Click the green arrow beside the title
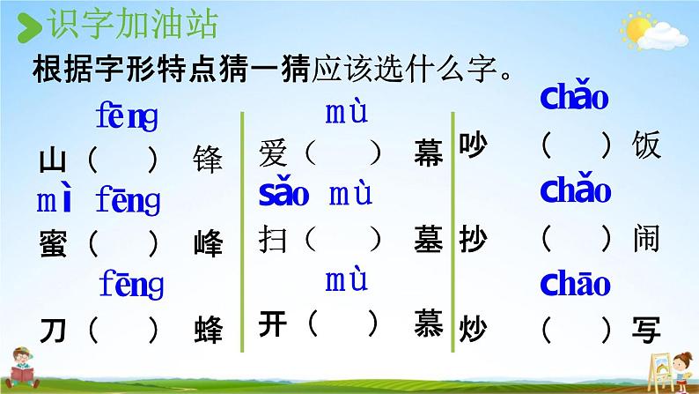pos(29,27)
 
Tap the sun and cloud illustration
pos(653,31)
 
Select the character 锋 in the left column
pos(208,160)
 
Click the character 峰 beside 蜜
pos(208,243)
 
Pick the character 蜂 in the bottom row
pos(208,330)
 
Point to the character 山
pos(53,160)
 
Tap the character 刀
pos(53,331)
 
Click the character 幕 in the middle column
pos(429,152)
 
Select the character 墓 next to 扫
pos(429,239)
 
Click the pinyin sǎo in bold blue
pos(284,194)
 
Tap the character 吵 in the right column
pos(473,145)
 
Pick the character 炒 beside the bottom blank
pos(473,330)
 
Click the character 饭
pos(646,145)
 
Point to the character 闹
pos(646,239)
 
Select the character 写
pos(646,331)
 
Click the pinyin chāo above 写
pos(575,283)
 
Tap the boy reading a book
pos(22,368)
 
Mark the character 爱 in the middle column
pos(272,153)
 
